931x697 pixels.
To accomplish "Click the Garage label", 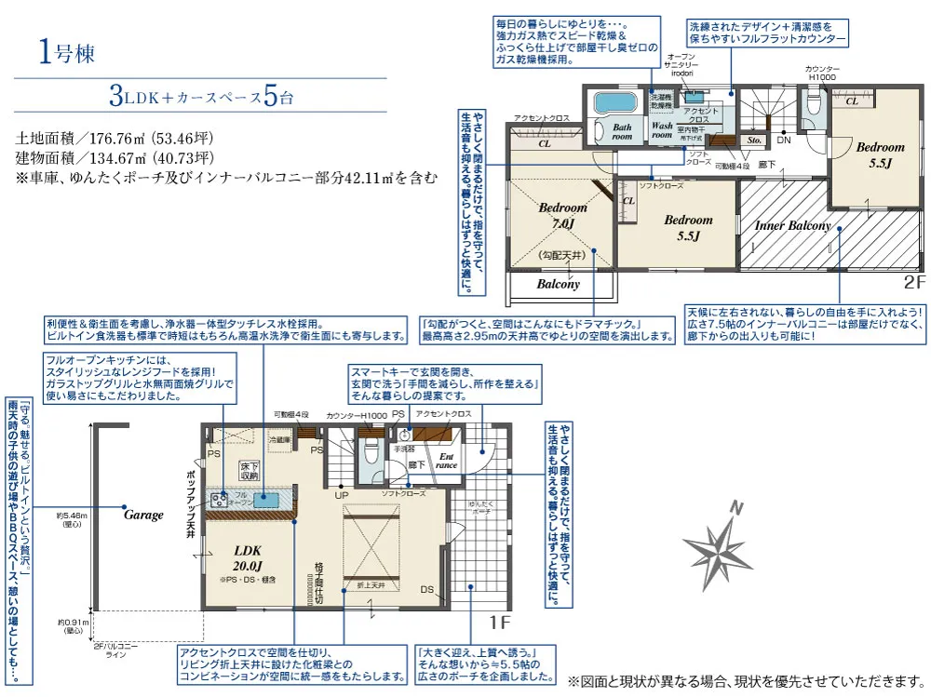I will point(143,515).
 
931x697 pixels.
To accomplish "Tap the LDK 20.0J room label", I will point(247,557).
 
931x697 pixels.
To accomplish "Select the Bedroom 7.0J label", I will point(562,216).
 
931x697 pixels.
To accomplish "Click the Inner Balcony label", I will point(792,225).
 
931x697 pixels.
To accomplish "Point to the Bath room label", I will point(622,131).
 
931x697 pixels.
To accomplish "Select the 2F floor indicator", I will point(913,278).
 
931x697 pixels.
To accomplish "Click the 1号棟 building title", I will point(67,52).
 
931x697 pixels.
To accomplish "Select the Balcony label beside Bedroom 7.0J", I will point(559,284).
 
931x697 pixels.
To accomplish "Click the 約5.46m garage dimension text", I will point(72,518).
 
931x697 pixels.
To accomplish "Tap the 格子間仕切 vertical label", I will point(317,577).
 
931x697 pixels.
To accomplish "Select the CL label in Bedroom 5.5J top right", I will point(852,101).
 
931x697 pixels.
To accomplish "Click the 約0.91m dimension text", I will point(72,626).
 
